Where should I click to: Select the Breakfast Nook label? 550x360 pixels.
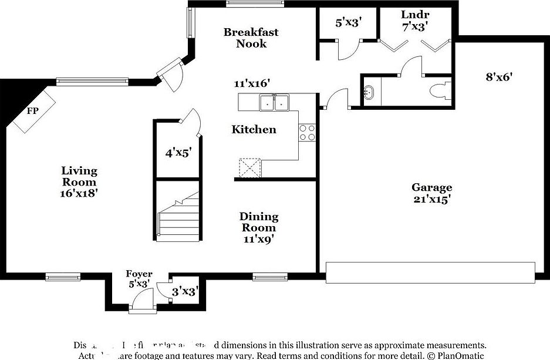coord(251,38)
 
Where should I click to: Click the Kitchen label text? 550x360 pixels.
coord(254,129)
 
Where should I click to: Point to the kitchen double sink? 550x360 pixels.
coord(275,103)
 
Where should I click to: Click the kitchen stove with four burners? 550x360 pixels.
coord(306,133)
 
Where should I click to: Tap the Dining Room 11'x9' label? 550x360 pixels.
coord(259,227)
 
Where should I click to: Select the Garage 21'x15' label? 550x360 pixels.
coord(431,193)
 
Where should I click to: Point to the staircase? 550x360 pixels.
coord(178,217)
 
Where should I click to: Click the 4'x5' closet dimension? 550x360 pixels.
coord(177,153)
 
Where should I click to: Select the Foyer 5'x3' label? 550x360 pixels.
coord(139,278)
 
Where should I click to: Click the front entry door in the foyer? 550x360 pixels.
coord(141,301)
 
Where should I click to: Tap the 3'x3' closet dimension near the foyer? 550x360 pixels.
coord(184,291)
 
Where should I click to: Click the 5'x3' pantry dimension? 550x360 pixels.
coord(348,23)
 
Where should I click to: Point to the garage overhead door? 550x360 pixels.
coord(431,272)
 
